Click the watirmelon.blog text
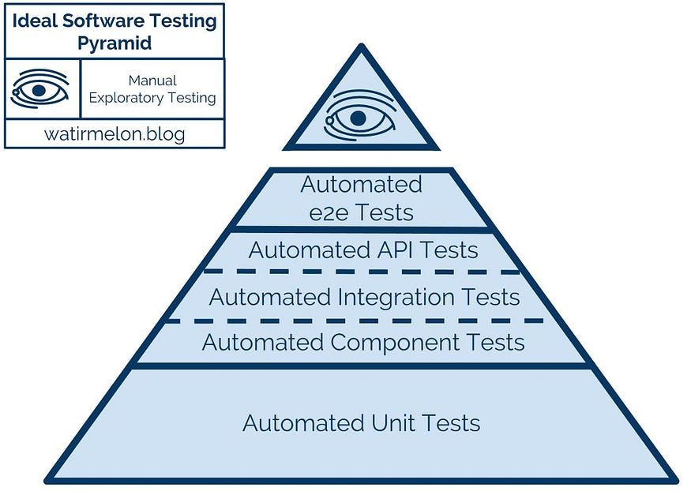click(115, 134)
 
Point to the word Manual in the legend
click(152, 81)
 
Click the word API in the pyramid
click(392, 251)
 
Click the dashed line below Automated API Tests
click(362, 272)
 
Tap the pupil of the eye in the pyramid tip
click(358, 118)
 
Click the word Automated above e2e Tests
click(361, 185)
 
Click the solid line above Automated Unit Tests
click(362, 366)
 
